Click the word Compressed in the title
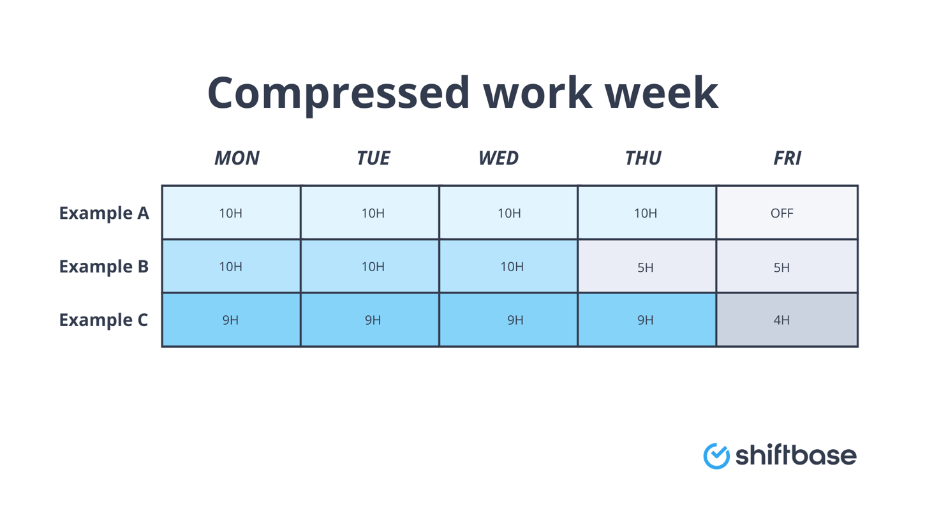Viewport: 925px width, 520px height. (x=338, y=93)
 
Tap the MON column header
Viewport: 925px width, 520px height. (x=237, y=158)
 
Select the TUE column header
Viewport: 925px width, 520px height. (x=373, y=158)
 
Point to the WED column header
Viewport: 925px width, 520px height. (x=498, y=158)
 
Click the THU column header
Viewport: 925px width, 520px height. (x=643, y=158)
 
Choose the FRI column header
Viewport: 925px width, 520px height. (x=787, y=158)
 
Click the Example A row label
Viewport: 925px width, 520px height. (x=104, y=213)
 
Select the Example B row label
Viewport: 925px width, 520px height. (x=104, y=267)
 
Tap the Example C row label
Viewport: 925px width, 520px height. (x=104, y=320)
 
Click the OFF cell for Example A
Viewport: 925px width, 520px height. (x=787, y=213)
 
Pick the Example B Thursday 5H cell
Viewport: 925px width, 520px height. (x=646, y=267)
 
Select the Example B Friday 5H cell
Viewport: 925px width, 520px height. (x=787, y=267)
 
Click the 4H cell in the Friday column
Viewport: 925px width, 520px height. (x=787, y=320)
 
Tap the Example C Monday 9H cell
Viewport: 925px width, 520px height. (x=231, y=320)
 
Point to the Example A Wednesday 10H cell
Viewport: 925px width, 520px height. (x=508, y=213)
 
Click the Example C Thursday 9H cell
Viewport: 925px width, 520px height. (x=646, y=320)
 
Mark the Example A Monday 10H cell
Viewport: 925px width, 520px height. (x=231, y=213)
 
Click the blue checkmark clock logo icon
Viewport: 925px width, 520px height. (x=716, y=456)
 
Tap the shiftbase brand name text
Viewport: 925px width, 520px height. (x=796, y=455)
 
